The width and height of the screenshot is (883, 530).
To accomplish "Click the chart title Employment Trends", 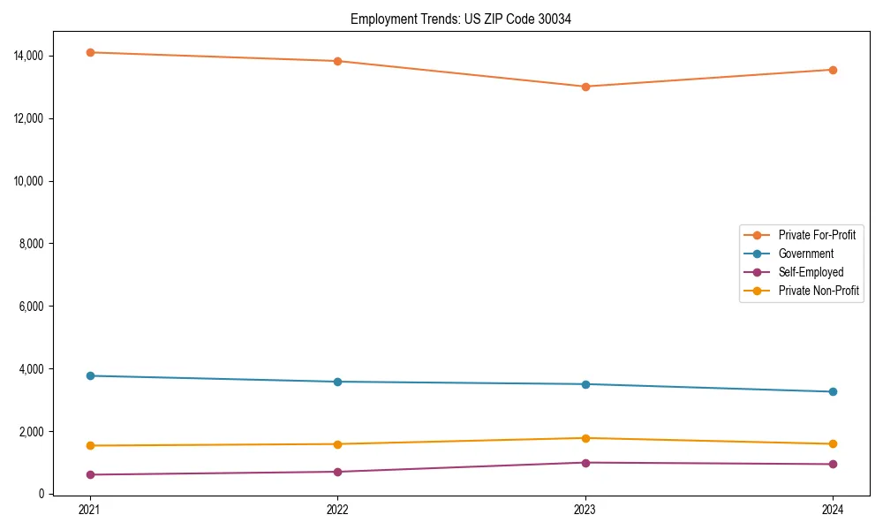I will [460, 19].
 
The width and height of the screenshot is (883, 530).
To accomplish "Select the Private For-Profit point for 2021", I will [90, 52].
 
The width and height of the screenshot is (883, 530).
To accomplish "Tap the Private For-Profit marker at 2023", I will [585, 87].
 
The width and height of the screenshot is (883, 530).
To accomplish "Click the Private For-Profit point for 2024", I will [833, 70].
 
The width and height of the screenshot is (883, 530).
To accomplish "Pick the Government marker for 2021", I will [90, 375].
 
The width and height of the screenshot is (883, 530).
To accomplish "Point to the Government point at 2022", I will [337, 382].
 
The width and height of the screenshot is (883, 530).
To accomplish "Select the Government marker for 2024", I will [833, 391].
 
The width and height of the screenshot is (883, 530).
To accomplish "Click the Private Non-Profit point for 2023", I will [585, 438].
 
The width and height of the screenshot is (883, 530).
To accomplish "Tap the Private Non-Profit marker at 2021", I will [90, 445].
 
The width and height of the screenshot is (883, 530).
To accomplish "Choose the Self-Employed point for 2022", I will [337, 472].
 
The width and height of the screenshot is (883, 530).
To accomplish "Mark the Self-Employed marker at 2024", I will [833, 464].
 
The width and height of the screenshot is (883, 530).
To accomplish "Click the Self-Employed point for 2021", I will [90, 474].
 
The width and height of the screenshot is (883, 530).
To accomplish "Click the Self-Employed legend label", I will [811, 272].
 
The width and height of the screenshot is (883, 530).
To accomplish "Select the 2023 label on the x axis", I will [585, 510].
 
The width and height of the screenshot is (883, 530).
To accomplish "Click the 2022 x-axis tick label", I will [337, 510].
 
